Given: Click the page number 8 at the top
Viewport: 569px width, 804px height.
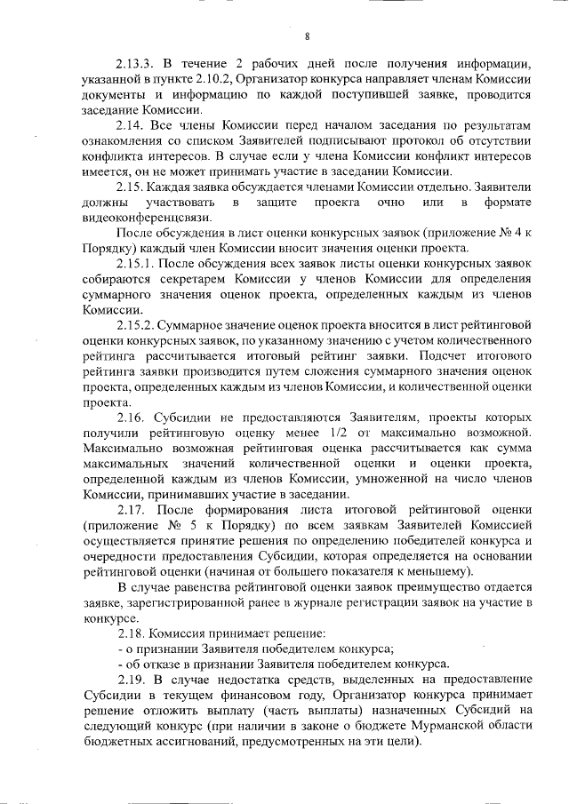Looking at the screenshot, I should click(307, 36).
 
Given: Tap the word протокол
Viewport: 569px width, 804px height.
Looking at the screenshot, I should click(398, 140).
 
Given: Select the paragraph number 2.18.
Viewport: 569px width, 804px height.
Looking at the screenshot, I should click(133, 633).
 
